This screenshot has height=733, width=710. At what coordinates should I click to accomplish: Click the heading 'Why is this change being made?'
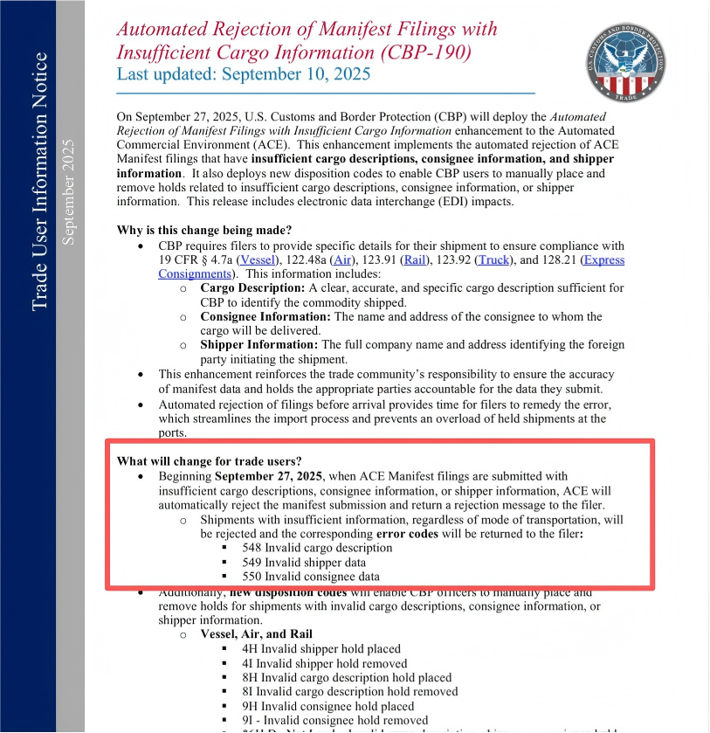coord(204,231)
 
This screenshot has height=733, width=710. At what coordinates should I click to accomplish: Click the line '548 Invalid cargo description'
coord(317,548)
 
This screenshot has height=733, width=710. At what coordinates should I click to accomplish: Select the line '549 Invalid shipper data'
coord(304,563)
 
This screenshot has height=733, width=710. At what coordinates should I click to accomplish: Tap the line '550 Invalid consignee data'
coord(311,577)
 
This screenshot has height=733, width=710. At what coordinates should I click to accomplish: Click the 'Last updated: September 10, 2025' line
coord(244,73)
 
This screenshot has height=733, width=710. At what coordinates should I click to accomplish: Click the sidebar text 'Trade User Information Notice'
coord(39,182)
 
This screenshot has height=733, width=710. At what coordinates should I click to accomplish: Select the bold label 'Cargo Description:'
coord(252,287)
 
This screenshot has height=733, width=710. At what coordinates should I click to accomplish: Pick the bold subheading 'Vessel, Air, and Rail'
coord(256,633)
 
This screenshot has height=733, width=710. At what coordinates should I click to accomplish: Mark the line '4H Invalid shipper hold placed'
coord(321,648)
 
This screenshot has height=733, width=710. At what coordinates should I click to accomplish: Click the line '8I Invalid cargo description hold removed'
coord(349,691)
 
